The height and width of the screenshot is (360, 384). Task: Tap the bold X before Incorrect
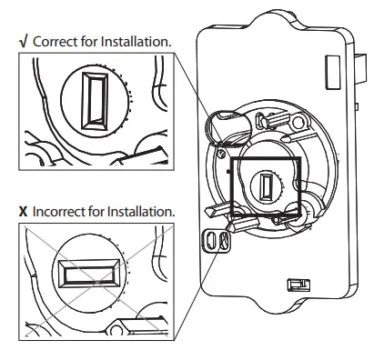click(x=23, y=211)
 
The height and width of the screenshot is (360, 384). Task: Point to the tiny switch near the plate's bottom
click(x=295, y=285)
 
